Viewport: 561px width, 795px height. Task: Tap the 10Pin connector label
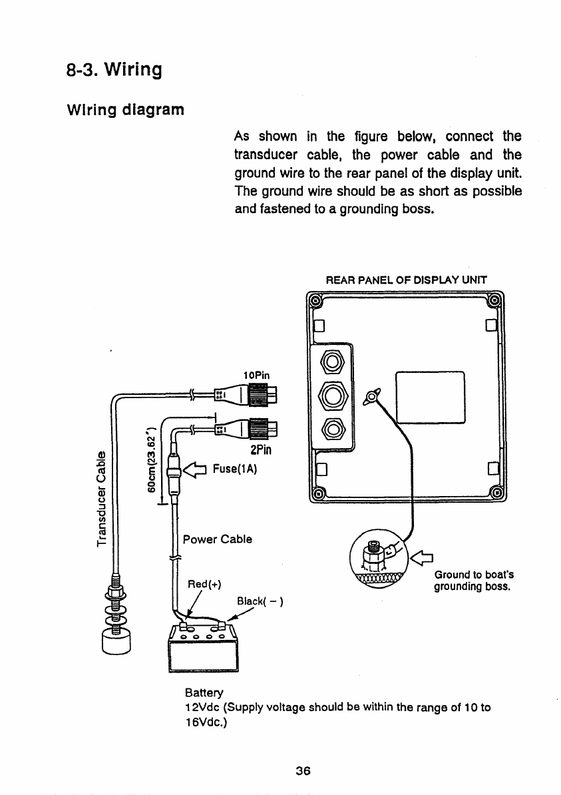coord(257,375)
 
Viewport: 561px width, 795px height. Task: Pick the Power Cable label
coord(217,539)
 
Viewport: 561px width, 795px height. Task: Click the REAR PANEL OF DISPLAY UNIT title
coord(406,280)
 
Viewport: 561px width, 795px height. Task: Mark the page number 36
coord(303,771)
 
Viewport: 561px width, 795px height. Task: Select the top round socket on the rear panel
coord(332,364)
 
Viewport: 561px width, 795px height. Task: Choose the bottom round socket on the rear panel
coord(332,426)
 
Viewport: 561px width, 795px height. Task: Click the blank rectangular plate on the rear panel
coord(429,397)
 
